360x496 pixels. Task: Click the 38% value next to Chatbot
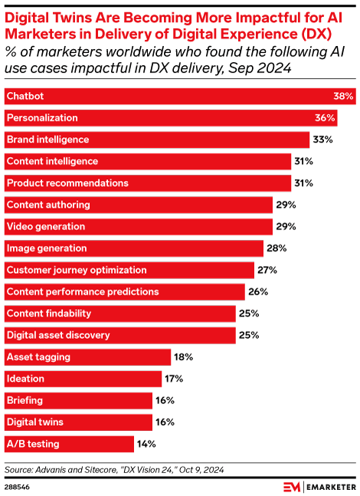pyautogui.click(x=342, y=97)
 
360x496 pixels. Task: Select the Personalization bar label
pyautogui.click(x=41, y=118)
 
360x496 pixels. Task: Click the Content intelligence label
pyautogui.click(x=52, y=161)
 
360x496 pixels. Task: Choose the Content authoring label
pyautogui.click(x=48, y=205)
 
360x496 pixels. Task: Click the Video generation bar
pyautogui.click(x=139, y=227)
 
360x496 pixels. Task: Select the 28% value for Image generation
pyautogui.click(x=277, y=248)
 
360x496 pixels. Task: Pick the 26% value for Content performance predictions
pyautogui.click(x=258, y=291)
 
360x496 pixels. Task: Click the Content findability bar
pyautogui.click(x=119, y=314)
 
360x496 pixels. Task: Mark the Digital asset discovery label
pyautogui.click(x=58, y=335)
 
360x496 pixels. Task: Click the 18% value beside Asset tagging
pyautogui.click(x=184, y=356)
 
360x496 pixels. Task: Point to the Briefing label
pyautogui.click(x=25, y=400)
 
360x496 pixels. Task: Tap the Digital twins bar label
pyautogui.click(x=35, y=422)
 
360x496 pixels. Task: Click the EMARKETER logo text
pyautogui.click(x=329, y=487)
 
